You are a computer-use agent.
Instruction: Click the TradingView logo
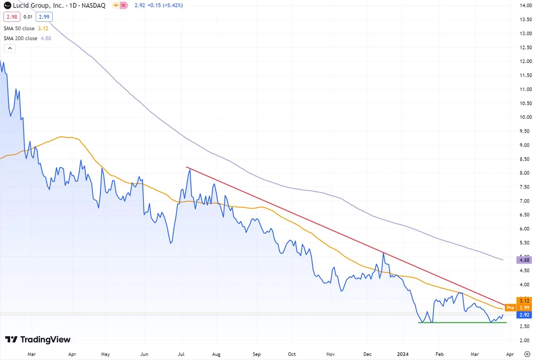pos(37,340)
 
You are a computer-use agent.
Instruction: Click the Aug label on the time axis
pos(216,354)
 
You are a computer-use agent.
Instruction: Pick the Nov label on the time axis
pos(330,354)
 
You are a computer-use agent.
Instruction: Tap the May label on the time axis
pos(105,354)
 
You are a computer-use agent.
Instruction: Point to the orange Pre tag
pos(510,308)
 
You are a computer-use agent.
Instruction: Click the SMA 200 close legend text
pos(20,38)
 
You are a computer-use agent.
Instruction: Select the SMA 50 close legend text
pos(19,28)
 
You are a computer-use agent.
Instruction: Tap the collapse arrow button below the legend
pos(10,48)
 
